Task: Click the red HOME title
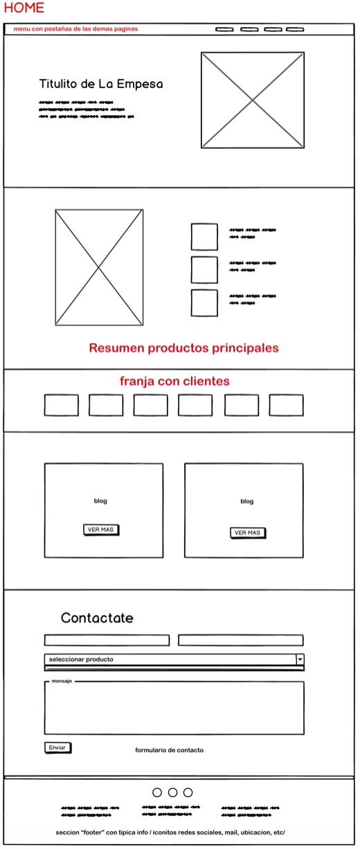24,8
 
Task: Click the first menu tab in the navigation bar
224,29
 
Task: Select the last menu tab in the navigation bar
295,29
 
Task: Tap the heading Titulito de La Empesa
101,84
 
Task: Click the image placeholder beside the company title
253,100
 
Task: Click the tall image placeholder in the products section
99,267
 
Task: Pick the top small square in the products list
204,236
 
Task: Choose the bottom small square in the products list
204,303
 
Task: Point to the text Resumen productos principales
183,348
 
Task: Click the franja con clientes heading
174,382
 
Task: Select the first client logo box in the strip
62,405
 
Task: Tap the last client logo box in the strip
286,405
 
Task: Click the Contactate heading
97,618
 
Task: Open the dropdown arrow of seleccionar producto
300,659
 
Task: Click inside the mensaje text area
174,710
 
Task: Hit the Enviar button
57,747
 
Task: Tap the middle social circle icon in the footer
172,792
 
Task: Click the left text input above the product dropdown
107,640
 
